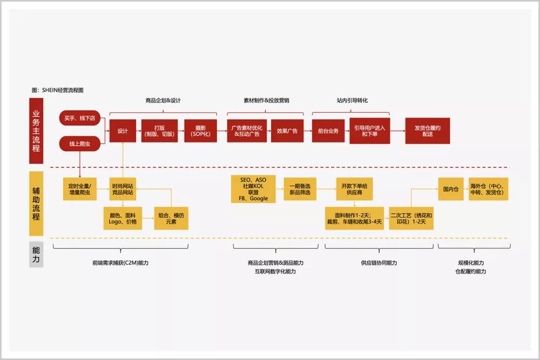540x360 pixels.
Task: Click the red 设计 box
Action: point(123,131)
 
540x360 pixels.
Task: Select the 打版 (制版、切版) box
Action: point(159,131)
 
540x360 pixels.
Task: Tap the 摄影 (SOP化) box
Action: point(198,131)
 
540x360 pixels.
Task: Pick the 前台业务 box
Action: point(328,131)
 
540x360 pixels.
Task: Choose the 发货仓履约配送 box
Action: point(428,131)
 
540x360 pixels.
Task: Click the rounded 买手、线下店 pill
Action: point(80,118)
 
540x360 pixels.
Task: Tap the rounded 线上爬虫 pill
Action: point(80,144)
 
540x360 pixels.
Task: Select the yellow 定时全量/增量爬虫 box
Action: point(80,188)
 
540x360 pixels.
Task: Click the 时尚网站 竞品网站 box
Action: point(123,188)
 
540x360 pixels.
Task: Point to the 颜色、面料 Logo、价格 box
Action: point(123,218)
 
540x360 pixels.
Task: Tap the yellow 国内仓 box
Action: point(451,189)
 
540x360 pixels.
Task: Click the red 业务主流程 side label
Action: point(36,131)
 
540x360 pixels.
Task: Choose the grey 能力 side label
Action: point(36,254)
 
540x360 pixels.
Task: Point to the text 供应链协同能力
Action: point(379,263)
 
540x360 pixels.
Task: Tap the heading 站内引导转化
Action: point(352,100)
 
